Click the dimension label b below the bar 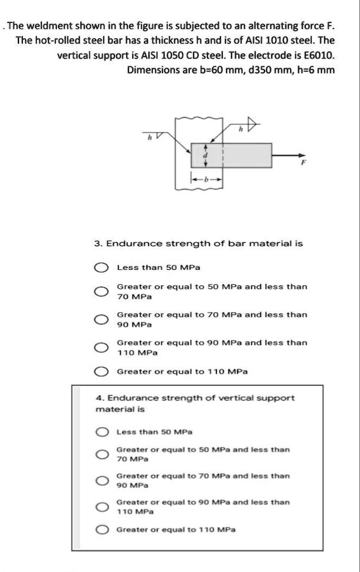pos(205,180)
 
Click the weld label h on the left pos(148,138)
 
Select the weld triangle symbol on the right pos(253,126)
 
